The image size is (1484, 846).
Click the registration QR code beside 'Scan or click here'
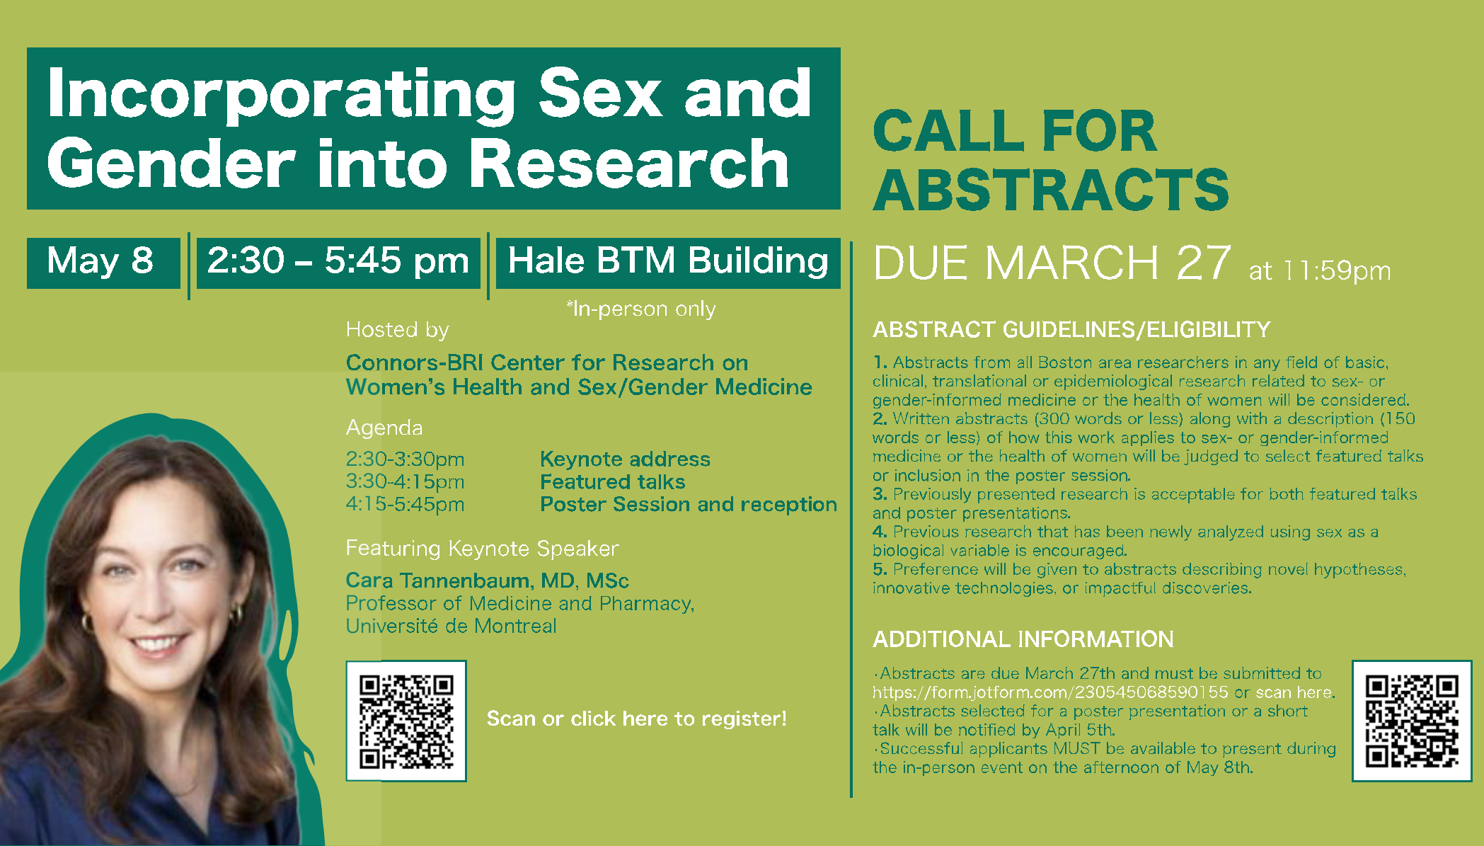[x=406, y=721]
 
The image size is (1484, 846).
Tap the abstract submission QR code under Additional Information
[x=1412, y=721]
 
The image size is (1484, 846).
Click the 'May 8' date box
[x=103, y=263]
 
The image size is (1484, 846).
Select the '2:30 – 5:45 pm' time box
[x=338, y=263]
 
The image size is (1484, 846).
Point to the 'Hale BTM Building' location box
[x=668, y=263]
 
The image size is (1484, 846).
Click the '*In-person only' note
[x=641, y=309]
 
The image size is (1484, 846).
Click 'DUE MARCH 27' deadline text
[x=1052, y=263]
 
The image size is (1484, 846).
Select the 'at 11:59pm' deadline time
[x=1320, y=270]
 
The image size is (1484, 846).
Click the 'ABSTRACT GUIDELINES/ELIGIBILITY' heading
[x=1071, y=330]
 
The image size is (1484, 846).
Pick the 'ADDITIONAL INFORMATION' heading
[x=1023, y=639]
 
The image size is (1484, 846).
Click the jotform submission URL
[x=1050, y=692]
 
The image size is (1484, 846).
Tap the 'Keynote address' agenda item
[x=625, y=459]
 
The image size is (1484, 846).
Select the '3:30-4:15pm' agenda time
[x=405, y=481]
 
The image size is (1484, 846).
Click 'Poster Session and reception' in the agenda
[x=689, y=504]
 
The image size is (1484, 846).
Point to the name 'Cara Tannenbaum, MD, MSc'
[x=487, y=581]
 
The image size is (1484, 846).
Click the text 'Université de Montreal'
[x=451, y=626]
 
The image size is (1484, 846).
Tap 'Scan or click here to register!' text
[x=636, y=719]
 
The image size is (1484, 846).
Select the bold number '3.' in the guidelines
[x=880, y=494]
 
